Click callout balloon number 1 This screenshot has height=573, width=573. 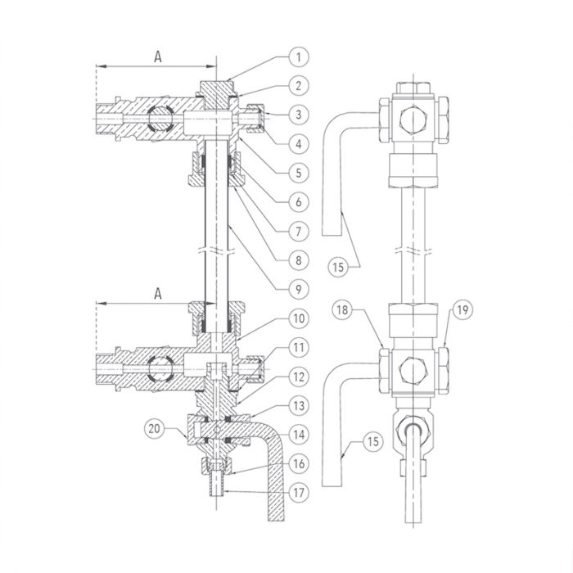coord(300,56)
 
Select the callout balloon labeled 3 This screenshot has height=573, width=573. coord(300,114)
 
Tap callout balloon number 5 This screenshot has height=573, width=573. coord(300,172)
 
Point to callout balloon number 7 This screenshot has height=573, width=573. coord(300,231)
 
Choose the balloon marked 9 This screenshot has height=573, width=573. coord(300,289)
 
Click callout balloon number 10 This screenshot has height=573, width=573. coord(300,318)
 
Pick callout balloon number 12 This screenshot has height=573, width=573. coord(300,377)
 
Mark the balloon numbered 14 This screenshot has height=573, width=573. coord(300,434)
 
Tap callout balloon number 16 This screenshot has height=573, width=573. coord(300,463)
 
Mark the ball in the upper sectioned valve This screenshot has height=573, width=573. coord(161,120)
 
